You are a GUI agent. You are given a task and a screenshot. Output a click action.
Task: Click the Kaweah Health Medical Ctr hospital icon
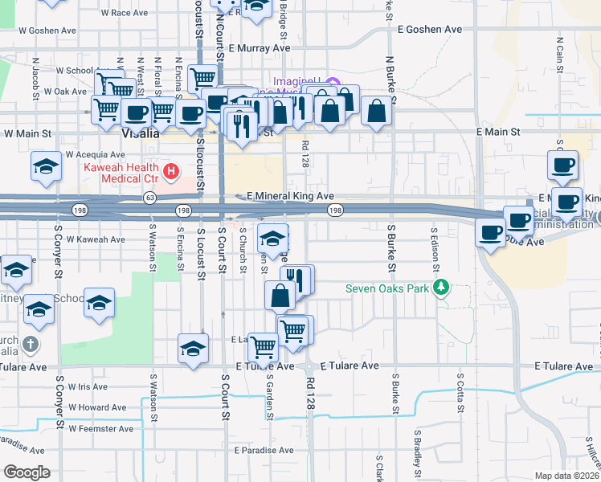tap(170, 171)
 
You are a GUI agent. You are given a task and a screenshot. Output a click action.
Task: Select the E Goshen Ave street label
tap(430, 29)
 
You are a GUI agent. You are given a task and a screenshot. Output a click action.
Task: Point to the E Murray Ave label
tap(259, 48)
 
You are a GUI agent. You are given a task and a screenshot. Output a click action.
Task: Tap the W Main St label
tap(27, 134)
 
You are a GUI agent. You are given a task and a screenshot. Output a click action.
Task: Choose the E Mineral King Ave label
tap(290, 196)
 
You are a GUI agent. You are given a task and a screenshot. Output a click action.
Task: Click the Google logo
tap(27, 472)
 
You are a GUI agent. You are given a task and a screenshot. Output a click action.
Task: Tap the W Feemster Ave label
tap(100, 428)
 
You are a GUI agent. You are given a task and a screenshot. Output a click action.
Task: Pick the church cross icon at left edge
tap(30, 345)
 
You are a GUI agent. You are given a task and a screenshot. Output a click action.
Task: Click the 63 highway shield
tap(150, 196)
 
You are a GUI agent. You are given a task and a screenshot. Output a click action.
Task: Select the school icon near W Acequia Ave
tap(46, 167)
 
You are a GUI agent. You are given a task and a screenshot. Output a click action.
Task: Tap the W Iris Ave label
tap(88, 386)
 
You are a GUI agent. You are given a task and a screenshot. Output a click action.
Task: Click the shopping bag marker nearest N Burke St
tap(377, 111)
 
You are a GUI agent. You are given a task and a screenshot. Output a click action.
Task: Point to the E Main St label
tap(498, 131)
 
